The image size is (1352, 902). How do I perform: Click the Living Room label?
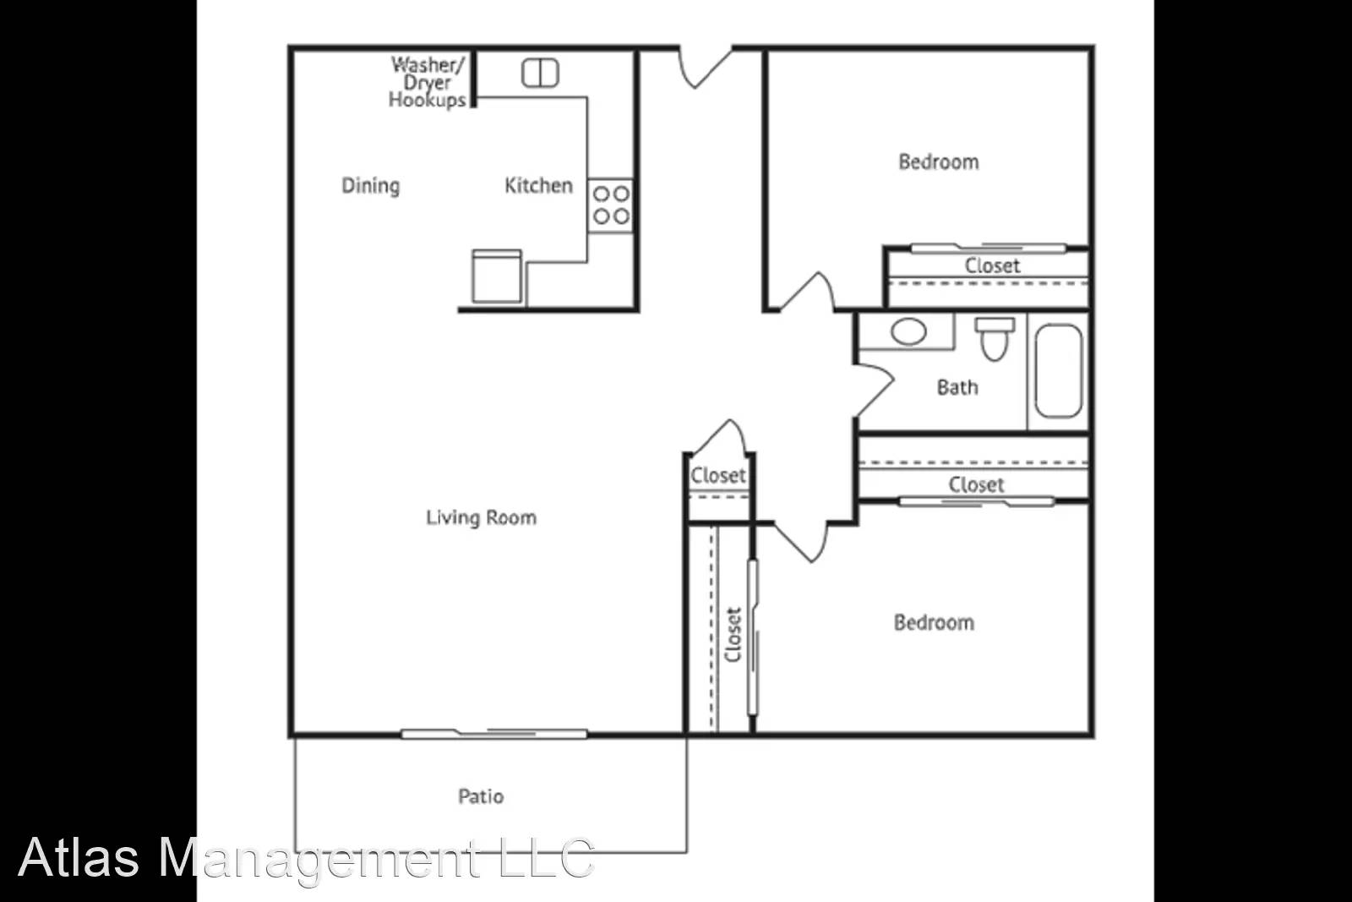pos(481,517)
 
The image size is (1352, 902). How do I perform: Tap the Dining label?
pos(370,185)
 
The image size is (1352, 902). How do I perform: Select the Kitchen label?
pos(538,185)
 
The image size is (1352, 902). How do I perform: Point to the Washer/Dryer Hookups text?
pos(428,82)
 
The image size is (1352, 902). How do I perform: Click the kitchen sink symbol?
pos(540,73)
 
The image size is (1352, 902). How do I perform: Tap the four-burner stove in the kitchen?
pos(610,205)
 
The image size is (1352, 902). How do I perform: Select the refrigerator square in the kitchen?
pos(497,276)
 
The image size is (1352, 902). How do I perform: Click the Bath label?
pos(957,387)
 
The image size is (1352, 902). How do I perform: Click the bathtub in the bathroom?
pos(1058,371)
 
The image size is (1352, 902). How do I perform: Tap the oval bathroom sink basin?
pos(908,331)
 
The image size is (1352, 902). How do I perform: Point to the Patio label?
pos(481,796)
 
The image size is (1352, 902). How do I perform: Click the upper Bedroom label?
pos(939,161)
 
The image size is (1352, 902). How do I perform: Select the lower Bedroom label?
pos(934,623)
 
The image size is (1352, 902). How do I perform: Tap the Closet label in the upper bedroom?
pos(992,265)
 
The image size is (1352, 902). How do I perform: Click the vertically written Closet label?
pos(733,635)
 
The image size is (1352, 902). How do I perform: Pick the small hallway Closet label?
pos(718,475)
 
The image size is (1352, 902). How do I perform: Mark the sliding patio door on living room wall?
pos(494,733)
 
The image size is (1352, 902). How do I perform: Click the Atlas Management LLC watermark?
pos(306,857)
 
